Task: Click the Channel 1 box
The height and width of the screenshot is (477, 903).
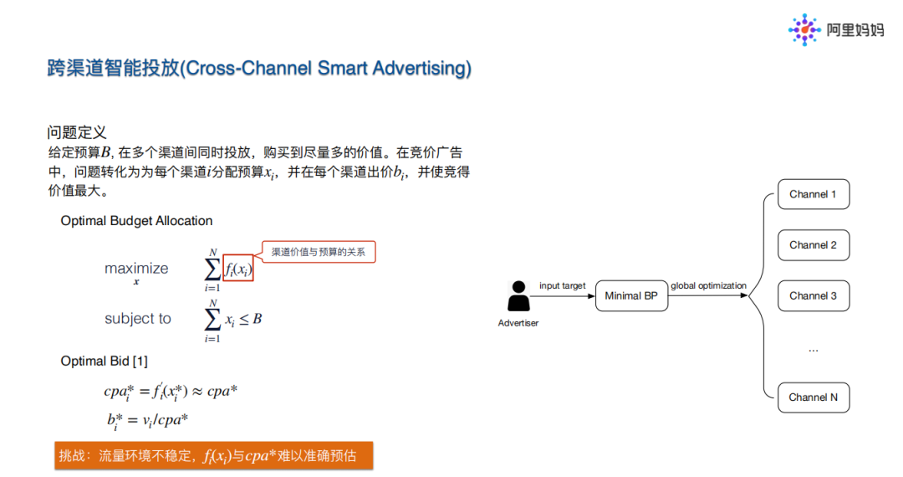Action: click(x=813, y=195)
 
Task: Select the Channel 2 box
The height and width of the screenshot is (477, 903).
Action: click(x=813, y=245)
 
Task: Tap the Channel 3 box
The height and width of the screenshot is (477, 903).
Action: click(x=813, y=296)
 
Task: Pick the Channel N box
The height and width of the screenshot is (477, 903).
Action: click(x=813, y=397)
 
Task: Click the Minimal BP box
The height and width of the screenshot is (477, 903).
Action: click(x=631, y=296)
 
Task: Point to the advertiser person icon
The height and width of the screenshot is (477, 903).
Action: click(x=519, y=295)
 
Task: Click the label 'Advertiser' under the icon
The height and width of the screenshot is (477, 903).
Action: click(x=518, y=323)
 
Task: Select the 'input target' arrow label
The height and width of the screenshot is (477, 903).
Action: click(x=563, y=286)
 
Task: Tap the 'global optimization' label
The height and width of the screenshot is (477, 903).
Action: click(x=708, y=286)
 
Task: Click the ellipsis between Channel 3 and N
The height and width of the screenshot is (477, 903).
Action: click(x=813, y=349)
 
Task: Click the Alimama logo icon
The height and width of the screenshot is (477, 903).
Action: click(x=804, y=30)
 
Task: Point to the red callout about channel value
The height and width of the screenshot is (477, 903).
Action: click(x=319, y=252)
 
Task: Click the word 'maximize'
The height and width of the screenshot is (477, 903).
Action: click(x=136, y=269)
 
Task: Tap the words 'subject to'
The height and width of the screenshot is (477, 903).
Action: click(x=138, y=319)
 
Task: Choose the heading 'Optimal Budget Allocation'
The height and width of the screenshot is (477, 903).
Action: click(x=136, y=221)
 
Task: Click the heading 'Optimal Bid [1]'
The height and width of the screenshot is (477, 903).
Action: click(x=105, y=361)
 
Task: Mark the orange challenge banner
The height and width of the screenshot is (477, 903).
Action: click(x=213, y=456)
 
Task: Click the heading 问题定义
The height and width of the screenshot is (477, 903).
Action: click(x=77, y=133)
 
